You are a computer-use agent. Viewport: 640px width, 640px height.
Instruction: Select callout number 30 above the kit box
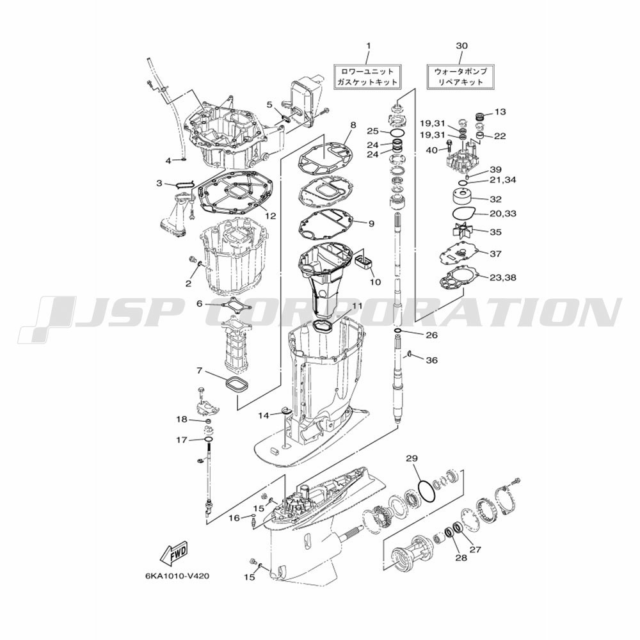(461, 45)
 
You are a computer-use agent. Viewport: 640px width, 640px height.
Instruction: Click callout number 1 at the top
(369, 45)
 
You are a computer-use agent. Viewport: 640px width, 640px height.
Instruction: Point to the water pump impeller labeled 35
(464, 232)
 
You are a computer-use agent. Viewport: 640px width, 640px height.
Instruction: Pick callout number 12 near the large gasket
(271, 216)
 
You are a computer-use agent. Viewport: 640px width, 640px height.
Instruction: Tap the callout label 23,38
(503, 278)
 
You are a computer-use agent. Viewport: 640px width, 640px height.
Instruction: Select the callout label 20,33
(502, 214)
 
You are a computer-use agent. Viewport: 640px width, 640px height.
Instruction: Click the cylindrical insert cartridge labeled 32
(465, 199)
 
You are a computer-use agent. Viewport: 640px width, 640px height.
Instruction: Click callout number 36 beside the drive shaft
(432, 360)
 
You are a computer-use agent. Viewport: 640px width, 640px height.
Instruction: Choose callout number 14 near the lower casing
(264, 415)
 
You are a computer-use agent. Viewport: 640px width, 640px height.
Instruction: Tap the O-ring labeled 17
(209, 439)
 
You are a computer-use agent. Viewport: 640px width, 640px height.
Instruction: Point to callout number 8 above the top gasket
(353, 125)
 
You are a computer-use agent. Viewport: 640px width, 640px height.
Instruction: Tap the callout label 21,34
(503, 180)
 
